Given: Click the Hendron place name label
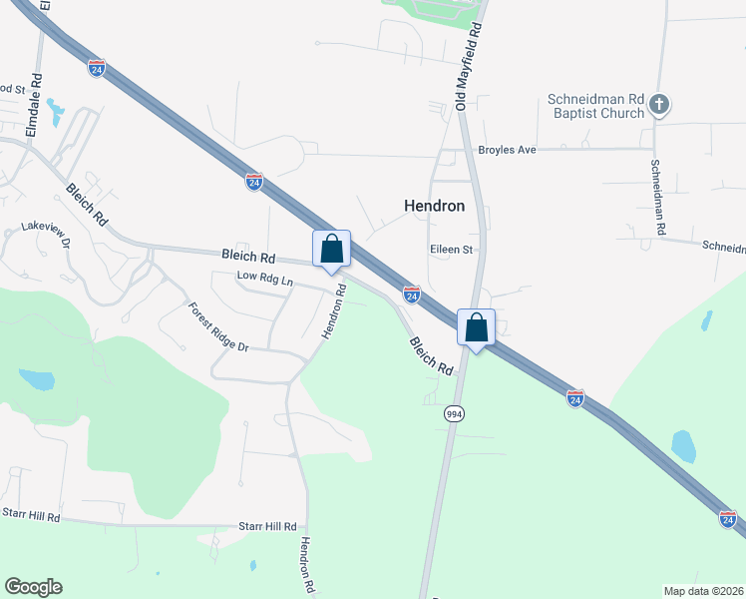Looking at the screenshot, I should (434, 206).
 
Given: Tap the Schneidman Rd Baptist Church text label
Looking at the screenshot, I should (595, 106).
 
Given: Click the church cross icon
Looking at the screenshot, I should (659, 103).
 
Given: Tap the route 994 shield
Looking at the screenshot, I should (455, 412).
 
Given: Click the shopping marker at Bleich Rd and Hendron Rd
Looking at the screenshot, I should (332, 249).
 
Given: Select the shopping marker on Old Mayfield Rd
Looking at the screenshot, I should (477, 326).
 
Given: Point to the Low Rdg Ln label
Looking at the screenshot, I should (264, 280).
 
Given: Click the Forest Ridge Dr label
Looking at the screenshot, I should (217, 326).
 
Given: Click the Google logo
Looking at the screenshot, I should (33, 587).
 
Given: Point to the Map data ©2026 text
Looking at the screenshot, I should (702, 591).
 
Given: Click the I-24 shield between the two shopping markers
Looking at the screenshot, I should (411, 294).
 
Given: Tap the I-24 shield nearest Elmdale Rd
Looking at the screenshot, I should (97, 68).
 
